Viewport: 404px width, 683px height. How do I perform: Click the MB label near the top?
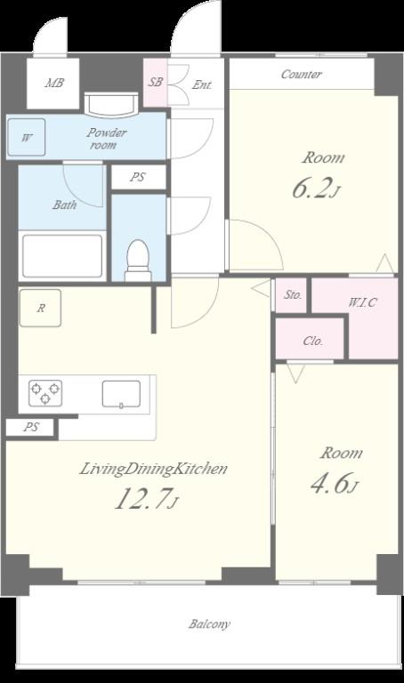54,83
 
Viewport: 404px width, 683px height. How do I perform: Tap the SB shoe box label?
155,82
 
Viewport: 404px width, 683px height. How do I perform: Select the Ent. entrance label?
202,84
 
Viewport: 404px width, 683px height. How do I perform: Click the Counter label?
301,75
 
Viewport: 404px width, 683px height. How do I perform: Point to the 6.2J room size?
316,189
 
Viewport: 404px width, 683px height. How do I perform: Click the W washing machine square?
27,137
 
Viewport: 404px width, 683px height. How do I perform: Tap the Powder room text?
106,139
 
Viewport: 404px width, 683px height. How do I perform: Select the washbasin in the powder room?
111,105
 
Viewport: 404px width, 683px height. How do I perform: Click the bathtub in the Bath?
62,256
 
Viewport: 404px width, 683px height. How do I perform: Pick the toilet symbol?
138,261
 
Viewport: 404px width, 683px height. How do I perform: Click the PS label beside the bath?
138,177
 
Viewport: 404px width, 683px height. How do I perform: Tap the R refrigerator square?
40,308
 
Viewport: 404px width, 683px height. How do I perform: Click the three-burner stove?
45,393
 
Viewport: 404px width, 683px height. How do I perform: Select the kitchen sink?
121,394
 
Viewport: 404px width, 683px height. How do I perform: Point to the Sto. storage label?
293,295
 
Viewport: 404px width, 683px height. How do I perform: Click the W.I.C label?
362,301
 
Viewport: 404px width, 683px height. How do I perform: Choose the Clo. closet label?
313,341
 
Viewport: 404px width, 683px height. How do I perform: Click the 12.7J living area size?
147,498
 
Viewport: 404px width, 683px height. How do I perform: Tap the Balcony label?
209,624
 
